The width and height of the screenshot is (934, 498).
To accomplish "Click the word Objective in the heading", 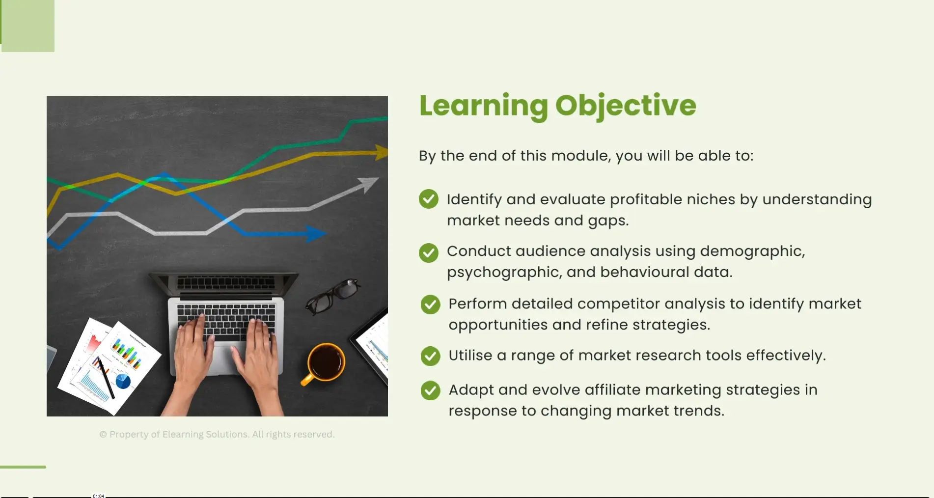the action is coord(626,106).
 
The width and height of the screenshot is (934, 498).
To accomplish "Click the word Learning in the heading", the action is coord(484,106).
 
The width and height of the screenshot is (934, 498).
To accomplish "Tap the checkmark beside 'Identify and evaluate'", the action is coord(429,199).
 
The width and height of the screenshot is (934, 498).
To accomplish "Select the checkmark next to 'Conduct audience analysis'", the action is coord(429,253).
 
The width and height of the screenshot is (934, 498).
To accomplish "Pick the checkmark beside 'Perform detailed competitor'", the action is coord(431,304).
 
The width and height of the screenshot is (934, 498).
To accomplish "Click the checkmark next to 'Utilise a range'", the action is coord(431,356).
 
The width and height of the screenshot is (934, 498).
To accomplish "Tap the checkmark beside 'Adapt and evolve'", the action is coord(431,390).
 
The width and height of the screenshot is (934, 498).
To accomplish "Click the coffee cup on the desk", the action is coord(324,363).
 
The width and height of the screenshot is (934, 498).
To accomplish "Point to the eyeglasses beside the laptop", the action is coord(332,296).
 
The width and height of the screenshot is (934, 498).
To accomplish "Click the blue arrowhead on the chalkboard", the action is coord(315,233).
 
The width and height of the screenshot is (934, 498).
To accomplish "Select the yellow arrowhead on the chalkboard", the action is coord(381,152).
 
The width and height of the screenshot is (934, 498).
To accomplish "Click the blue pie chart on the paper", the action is coord(123,381).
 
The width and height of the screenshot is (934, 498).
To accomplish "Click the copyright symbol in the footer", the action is coord(103,435).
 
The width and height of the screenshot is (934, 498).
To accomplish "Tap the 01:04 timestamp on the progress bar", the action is coord(99,496).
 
